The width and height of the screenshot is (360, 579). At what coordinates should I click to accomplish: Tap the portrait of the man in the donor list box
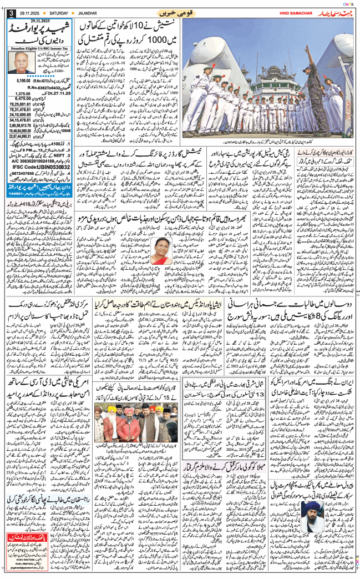coord(21,65)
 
